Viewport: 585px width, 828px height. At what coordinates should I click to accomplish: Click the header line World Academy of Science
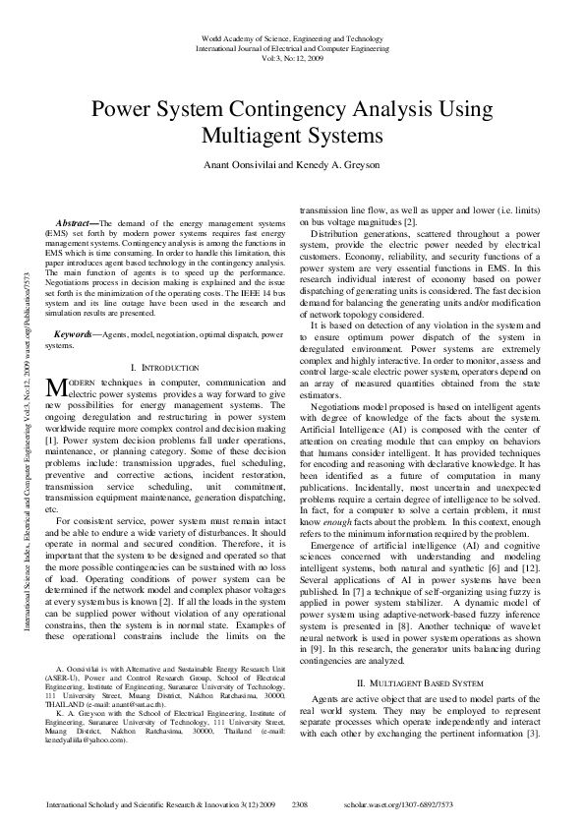tap(293, 36)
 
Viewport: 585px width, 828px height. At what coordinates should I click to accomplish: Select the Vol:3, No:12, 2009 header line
tap(293, 57)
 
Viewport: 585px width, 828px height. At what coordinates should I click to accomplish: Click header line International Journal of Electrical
tap(293, 46)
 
